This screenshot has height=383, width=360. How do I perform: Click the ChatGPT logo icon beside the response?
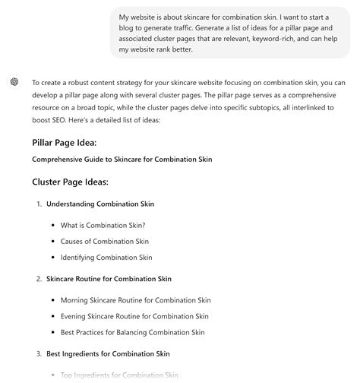click(x=14, y=82)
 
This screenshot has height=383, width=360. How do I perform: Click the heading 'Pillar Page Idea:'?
click(x=64, y=142)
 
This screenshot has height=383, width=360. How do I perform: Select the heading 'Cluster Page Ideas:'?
click(x=70, y=182)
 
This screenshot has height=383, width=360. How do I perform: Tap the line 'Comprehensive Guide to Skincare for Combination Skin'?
click(x=122, y=160)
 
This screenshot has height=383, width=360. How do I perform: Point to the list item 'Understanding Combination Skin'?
click(x=100, y=204)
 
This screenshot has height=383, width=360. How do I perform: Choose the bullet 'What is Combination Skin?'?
click(x=103, y=225)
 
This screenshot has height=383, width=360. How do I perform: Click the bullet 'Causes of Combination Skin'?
click(x=104, y=241)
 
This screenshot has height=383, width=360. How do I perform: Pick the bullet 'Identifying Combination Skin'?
click(x=106, y=258)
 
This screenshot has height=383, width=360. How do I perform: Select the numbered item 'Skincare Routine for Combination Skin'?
click(x=109, y=279)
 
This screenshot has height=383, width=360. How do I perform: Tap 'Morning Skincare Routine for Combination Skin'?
click(x=135, y=300)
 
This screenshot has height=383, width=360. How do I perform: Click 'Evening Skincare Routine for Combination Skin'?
click(x=134, y=316)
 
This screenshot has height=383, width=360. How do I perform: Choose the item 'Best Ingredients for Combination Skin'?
click(x=108, y=353)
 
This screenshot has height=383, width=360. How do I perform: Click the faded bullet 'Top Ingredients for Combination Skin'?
click(x=118, y=375)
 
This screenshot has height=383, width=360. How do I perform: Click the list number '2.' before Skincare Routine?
click(x=39, y=279)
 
